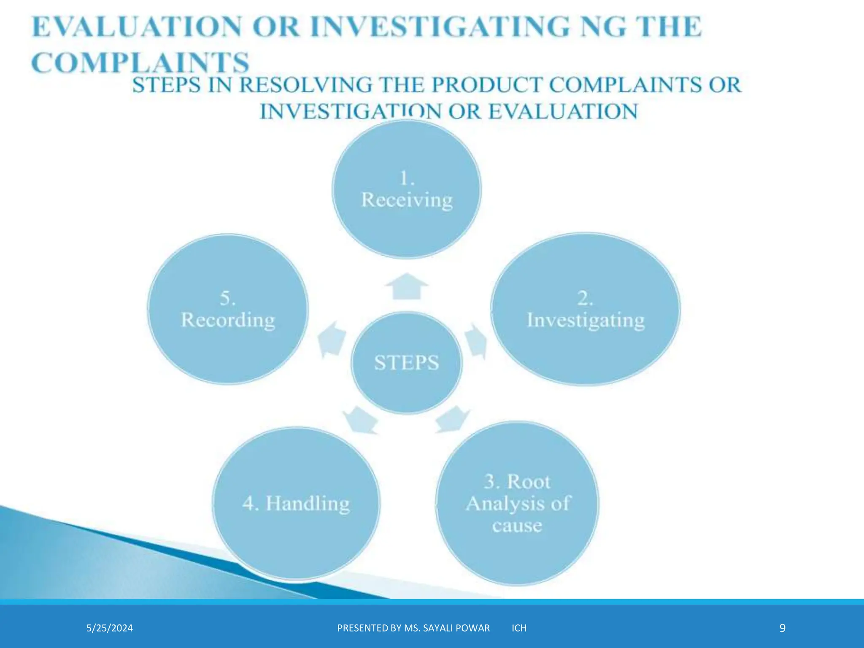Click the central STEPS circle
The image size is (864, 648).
coord(407,363)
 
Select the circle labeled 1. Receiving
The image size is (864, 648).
coord(407,189)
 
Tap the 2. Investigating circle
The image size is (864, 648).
coord(586,309)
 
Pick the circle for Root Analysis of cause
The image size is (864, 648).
coord(517,503)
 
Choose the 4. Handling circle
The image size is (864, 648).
coord(296,503)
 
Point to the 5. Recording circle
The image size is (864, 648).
coord(228,309)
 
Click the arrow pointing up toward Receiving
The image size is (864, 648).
coord(407,286)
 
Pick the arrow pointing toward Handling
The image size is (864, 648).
coord(360,420)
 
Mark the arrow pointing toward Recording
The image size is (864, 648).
coord(332,339)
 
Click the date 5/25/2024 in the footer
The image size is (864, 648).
coord(110,628)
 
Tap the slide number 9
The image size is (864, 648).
coord(782,628)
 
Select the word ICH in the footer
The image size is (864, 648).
coord(519,628)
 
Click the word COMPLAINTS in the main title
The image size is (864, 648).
coord(140,63)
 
